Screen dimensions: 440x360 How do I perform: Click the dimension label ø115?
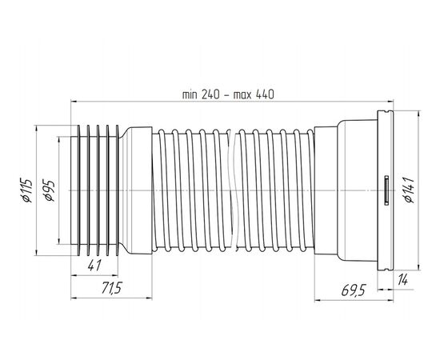pyautogui.click(x=26, y=190)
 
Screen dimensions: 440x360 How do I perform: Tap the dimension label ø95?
pyautogui.click(x=48, y=191)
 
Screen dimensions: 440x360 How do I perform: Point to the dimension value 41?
pyautogui.click(x=94, y=265)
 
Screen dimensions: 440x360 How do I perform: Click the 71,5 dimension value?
pyautogui.click(x=111, y=288)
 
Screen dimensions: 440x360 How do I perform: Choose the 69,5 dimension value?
pyautogui.click(x=354, y=290)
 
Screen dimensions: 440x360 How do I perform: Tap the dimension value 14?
pyautogui.click(x=402, y=280)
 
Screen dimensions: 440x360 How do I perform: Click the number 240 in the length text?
pyautogui.click(x=210, y=94)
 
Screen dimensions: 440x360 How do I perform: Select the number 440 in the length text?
pyautogui.click(x=265, y=94)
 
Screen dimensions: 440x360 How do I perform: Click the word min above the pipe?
pyautogui.click(x=190, y=94)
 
